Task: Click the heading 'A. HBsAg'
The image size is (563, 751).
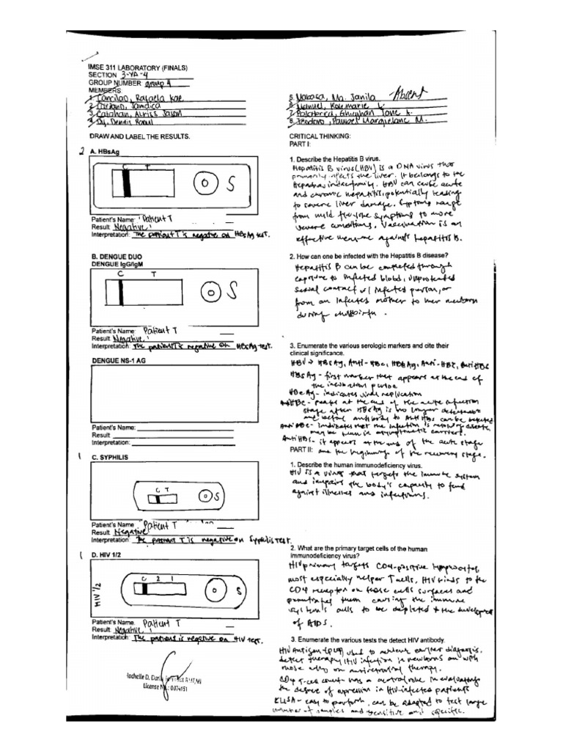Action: click(104, 151)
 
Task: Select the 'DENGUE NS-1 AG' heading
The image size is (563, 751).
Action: click(119, 361)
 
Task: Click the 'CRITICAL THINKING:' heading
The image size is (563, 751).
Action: click(320, 136)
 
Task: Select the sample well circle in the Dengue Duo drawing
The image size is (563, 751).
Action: click(210, 293)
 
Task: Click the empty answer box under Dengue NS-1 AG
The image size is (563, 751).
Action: click(174, 392)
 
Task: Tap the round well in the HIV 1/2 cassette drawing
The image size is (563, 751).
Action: click(215, 590)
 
